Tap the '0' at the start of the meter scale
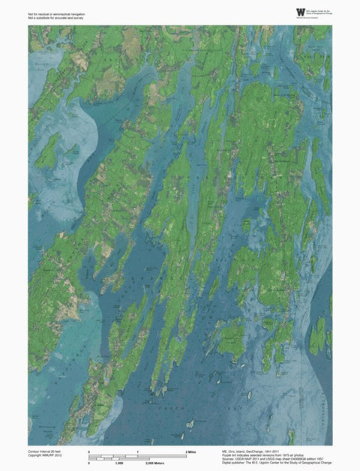[89, 465]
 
